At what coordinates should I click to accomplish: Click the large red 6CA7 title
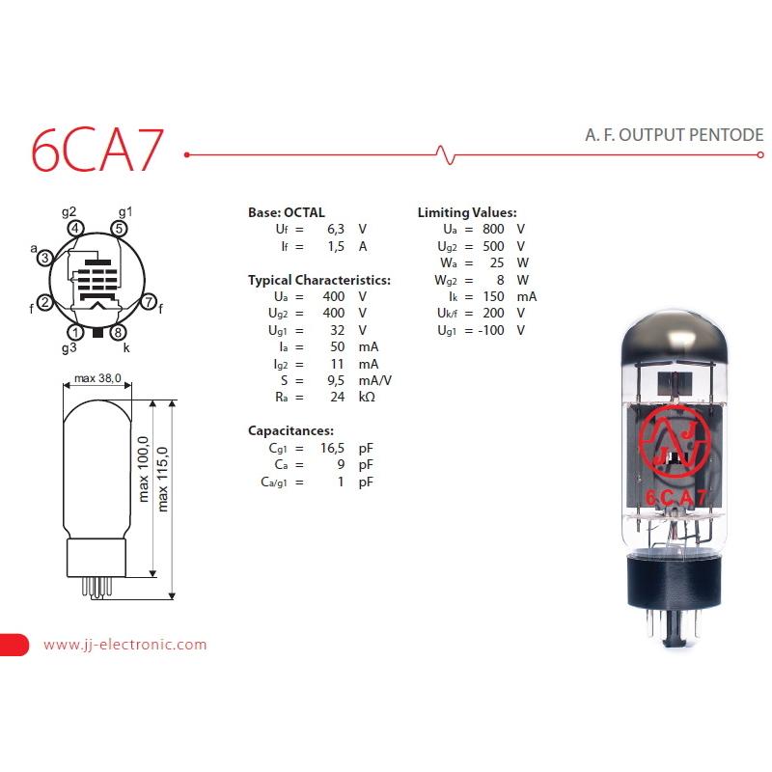pyautogui.click(x=97, y=150)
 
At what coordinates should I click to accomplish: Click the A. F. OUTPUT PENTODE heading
pyautogui.click(x=674, y=135)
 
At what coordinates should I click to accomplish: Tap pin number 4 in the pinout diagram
pyautogui.click(x=75, y=229)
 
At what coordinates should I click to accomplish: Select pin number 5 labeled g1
pyautogui.click(x=119, y=229)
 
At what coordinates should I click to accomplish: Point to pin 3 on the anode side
pyautogui.click(x=44, y=258)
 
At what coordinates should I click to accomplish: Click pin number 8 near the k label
pyautogui.click(x=118, y=332)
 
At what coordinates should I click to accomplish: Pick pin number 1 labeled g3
pyautogui.click(x=75, y=332)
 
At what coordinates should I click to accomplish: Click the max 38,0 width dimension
pyautogui.click(x=97, y=378)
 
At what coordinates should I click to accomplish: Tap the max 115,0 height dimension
pyautogui.click(x=162, y=479)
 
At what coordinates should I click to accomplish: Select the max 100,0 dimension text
pyautogui.click(x=143, y=469)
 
